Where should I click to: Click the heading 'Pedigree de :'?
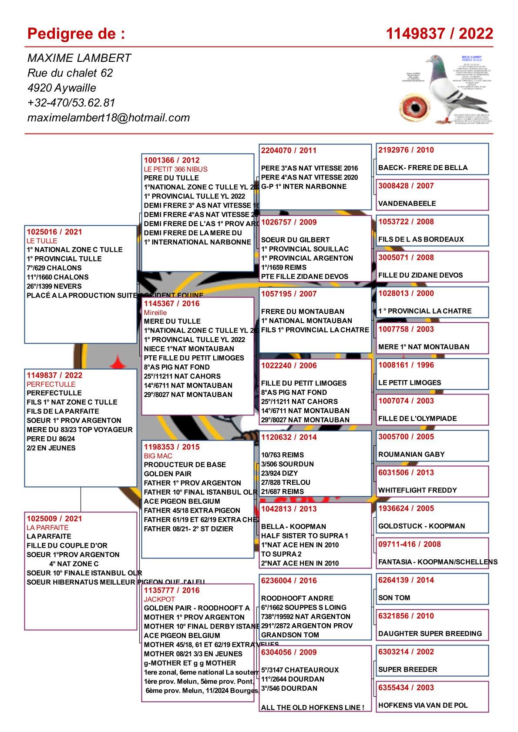(x=76, y=33)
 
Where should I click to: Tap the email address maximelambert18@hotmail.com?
(x=108, y=117)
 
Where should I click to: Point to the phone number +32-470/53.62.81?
(x=71, y=103)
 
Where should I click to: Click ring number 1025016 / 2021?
(x=54, y=232)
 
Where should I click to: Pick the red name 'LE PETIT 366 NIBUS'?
(x=175, y=169)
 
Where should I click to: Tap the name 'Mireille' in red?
(x=155, y=313)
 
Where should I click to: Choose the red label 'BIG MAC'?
(x=158, y=456)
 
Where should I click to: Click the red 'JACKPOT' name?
(x=159, y=599)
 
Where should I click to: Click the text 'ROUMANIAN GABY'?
(x=411, y=454)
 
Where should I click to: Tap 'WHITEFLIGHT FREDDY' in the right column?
(x=417, y=490)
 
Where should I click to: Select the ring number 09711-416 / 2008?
(x=409, y=544)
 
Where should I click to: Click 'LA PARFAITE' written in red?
(x=47, y=528)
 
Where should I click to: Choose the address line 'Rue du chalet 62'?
(x=70, y=73)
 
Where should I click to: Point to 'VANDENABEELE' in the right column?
(x=407, y=203)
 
